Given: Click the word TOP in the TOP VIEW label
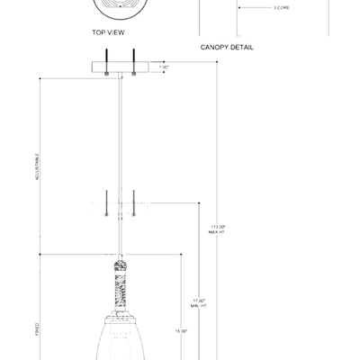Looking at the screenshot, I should coord(97,31).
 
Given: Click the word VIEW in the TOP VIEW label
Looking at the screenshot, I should coord(114,31).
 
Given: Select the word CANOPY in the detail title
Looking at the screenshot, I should coord(214,47).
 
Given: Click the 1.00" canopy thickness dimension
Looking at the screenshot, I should coord(164,67).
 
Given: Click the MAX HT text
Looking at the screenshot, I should coord(216,231).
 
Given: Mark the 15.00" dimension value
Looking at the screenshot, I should coord(181,331).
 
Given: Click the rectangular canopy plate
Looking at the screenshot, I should coord(120,67).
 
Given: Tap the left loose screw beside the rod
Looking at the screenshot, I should coord(106,203).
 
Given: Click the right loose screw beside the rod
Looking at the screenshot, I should coord(133,203).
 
